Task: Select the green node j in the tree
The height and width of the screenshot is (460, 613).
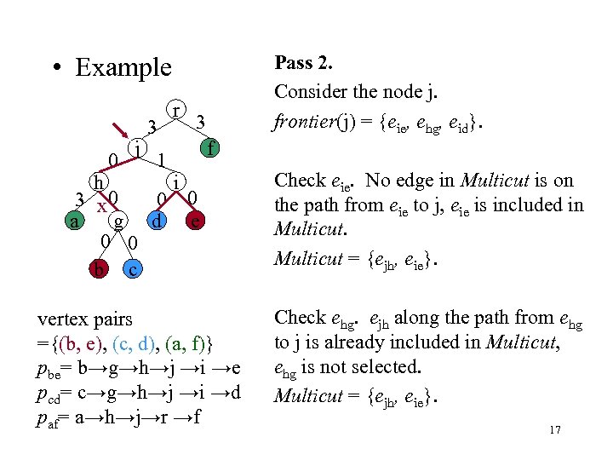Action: (136, 148)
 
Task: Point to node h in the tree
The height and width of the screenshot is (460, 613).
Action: (100, 182)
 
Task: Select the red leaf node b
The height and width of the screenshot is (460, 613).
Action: (100, 270)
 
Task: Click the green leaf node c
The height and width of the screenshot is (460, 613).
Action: (133, 270)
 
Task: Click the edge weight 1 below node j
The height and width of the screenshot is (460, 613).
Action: (161, 159)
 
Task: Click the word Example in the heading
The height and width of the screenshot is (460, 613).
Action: (123, 67)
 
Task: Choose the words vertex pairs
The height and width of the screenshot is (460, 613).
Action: (85, 319)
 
